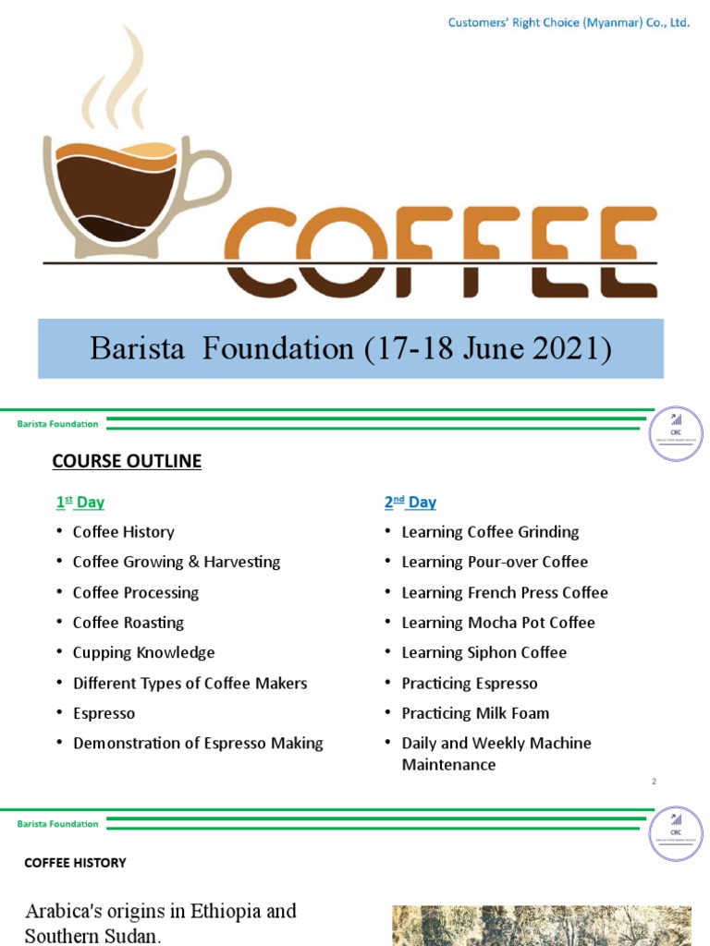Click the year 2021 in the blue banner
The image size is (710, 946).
(571, 349)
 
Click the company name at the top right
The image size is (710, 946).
(569, 23)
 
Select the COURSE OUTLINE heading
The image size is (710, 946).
(127, 461)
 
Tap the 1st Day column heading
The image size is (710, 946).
(80, 503)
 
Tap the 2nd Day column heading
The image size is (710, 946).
(410, 503)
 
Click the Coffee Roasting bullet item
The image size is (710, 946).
(128, 623)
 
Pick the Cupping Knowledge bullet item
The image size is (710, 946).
(143, 652)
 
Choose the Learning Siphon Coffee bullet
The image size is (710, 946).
(484, 652)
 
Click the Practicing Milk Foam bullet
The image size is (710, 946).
(475, 713)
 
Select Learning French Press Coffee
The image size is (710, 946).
(504, 592)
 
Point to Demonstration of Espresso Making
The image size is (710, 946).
(198, 743)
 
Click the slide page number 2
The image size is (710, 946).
(654, 782)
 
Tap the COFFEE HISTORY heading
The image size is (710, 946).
(75, 863)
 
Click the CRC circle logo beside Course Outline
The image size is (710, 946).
(676, 434)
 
